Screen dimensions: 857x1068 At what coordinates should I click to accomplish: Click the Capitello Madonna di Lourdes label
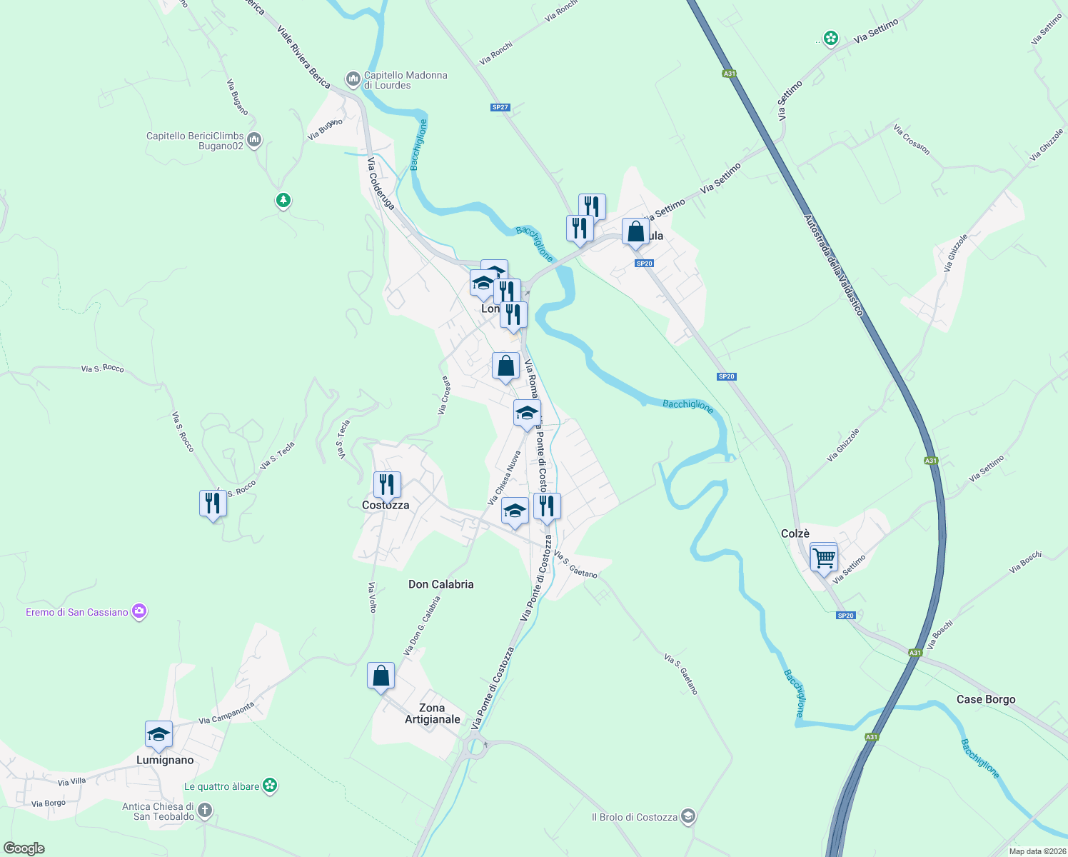click(405, 80)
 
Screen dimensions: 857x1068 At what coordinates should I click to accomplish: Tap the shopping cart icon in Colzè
click(824, 557)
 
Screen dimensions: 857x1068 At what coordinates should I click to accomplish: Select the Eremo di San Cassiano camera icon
click(139, 611)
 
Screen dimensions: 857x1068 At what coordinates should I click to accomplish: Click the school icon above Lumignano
click(158, 735)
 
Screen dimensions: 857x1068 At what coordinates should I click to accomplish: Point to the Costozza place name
click(386, 505)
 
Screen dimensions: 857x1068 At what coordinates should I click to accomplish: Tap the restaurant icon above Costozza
click(386, 485)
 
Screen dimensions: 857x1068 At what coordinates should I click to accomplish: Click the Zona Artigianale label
click(432, 713)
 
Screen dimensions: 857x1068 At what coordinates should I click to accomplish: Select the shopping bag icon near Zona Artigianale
click(381, 676)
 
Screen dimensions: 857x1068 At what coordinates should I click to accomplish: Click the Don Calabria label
click(440, 584)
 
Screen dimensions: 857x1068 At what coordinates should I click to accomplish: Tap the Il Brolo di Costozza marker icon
click(687, 816)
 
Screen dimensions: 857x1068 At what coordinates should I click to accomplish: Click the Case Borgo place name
click(985, 699)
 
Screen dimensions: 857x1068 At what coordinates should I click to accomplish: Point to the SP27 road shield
click(500, 107)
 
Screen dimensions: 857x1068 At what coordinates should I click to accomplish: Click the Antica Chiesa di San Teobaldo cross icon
click(205, 810)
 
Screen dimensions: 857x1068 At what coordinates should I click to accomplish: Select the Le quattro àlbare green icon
click(270, 786)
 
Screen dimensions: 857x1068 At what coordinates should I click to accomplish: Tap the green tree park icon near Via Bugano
click(283, 200)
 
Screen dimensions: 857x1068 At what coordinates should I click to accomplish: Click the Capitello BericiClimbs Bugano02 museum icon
click(255, 140)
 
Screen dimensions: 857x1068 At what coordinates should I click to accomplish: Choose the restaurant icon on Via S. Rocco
click(213, 503)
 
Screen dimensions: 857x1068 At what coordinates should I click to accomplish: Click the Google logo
click(24, 848)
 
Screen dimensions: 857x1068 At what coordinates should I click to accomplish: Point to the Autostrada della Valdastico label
click(834, 265)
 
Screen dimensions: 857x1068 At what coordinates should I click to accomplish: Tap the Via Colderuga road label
click(381, 184)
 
